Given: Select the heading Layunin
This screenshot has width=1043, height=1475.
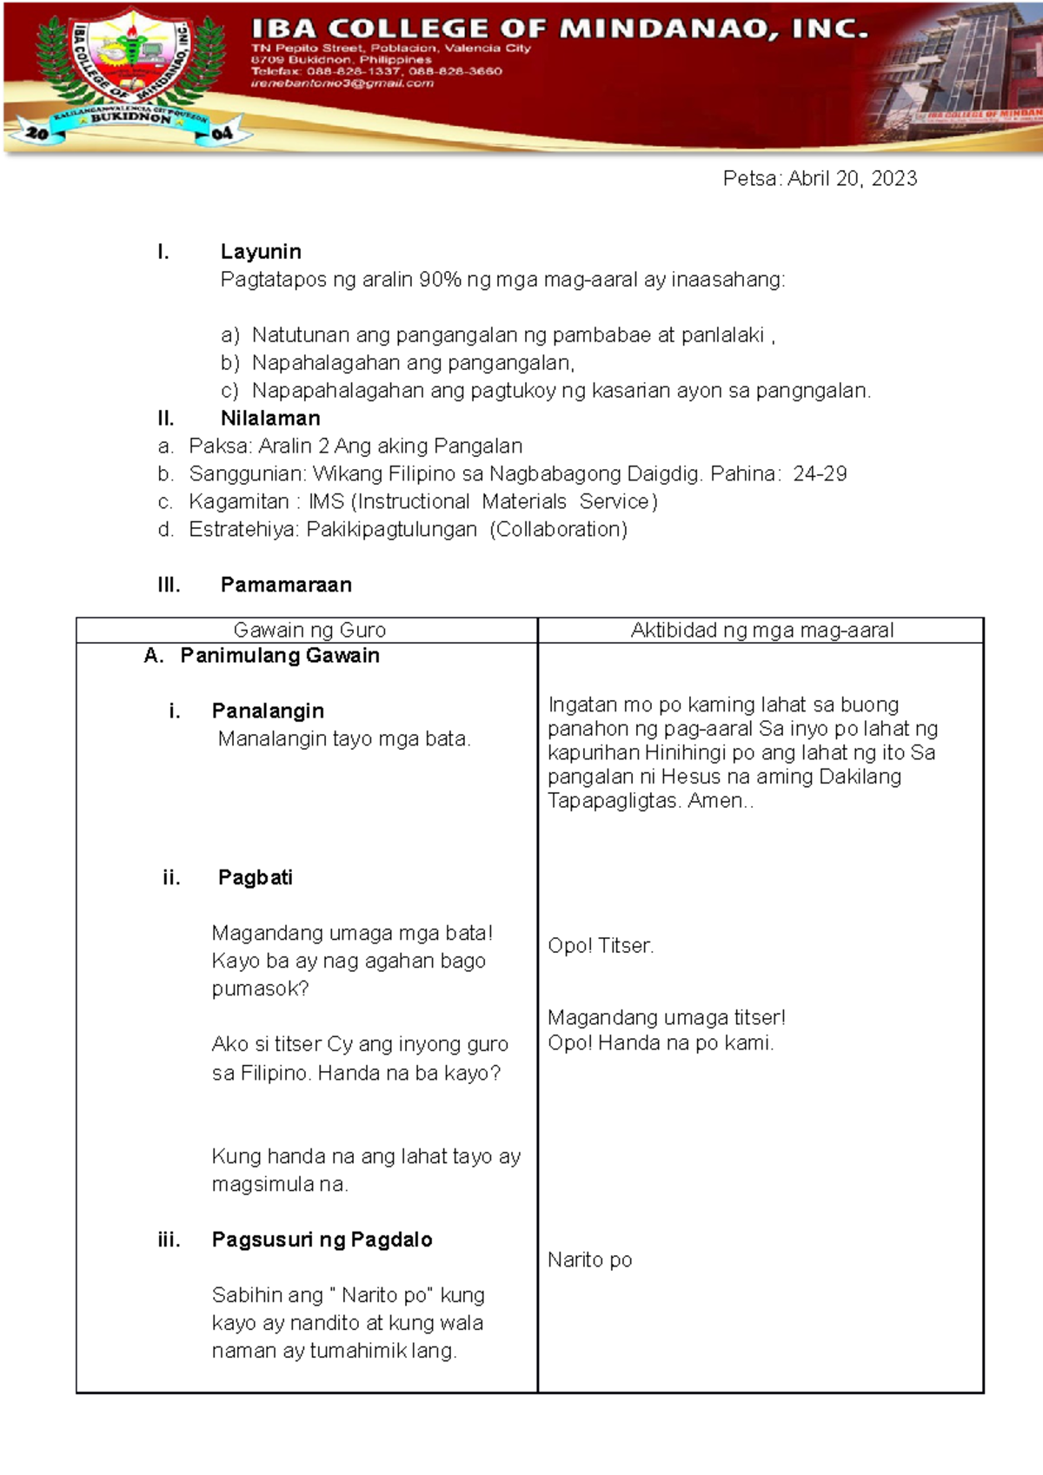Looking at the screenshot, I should (261, 252).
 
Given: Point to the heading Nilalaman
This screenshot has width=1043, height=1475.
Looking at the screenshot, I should (270, 419).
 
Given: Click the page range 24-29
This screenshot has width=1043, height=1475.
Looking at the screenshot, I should (820, 474).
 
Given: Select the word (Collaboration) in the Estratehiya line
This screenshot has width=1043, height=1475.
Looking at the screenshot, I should (558, 530).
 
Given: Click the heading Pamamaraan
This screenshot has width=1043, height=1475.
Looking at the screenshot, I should (286, 585).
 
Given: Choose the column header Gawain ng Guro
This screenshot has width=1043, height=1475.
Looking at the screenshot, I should (309, 631).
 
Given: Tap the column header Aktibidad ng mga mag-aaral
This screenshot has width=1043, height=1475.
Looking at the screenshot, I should (761, 631).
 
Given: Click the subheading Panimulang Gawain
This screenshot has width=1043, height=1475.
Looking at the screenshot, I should (279, 656).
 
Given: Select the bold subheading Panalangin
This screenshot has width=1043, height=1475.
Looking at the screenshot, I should (268, 711).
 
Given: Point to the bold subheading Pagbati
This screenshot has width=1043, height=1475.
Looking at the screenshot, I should (255, 877).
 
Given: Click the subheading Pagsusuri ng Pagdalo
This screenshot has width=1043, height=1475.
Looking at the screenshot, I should (322, 1240).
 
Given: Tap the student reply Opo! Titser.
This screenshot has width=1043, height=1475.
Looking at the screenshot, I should (601, 946).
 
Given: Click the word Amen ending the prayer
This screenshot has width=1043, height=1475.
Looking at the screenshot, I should (714, 801).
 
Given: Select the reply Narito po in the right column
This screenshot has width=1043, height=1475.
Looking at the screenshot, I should (589, 1260).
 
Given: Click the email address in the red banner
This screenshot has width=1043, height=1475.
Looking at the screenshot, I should (342, 83).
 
